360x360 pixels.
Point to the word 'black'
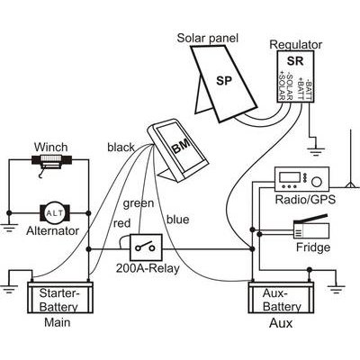point(120,146)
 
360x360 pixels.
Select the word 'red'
point(121,223)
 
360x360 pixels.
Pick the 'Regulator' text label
point(296,44)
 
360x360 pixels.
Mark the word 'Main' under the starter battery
point(56,322)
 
